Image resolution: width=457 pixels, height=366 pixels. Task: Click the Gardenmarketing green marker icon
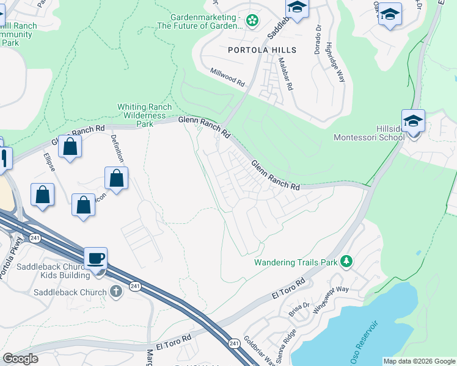click(252, 21)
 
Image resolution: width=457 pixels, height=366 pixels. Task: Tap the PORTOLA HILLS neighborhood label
click(261, 50)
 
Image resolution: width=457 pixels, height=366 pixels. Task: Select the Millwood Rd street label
click(228, 76)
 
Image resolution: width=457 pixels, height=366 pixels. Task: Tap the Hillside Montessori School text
click(368, 133)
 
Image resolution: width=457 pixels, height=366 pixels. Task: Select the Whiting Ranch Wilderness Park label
click(144, 115)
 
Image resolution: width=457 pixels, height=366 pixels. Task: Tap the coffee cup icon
click(96, 259)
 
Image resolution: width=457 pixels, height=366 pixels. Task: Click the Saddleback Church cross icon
click(116, 292)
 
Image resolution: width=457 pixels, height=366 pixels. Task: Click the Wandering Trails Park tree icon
click(347, 262)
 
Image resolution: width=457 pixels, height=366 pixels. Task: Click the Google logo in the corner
click(21, 358)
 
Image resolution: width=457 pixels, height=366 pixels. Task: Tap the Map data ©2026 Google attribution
click(419, 361)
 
